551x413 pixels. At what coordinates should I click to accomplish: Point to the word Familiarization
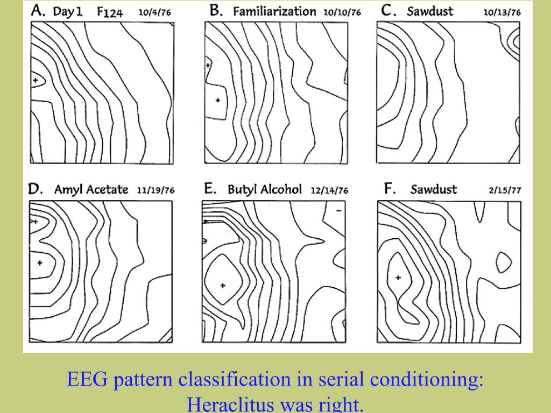pos(274,11)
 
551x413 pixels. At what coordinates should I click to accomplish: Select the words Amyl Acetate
pos(91,189)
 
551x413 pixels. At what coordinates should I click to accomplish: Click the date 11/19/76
pos(157,190)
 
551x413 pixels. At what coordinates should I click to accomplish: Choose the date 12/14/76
pos(329,190)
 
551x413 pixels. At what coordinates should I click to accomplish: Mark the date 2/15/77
pos(505,190)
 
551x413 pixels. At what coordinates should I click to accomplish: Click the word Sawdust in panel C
pos(429,11)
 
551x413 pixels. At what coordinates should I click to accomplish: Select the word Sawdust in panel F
pos(433,189)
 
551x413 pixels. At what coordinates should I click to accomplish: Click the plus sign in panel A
pos(36,80)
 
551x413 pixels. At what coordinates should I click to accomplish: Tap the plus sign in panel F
pos(398,277)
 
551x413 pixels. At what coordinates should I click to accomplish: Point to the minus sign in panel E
pos(338,211)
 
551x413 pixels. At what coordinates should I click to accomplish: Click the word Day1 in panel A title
pos(68,11)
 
